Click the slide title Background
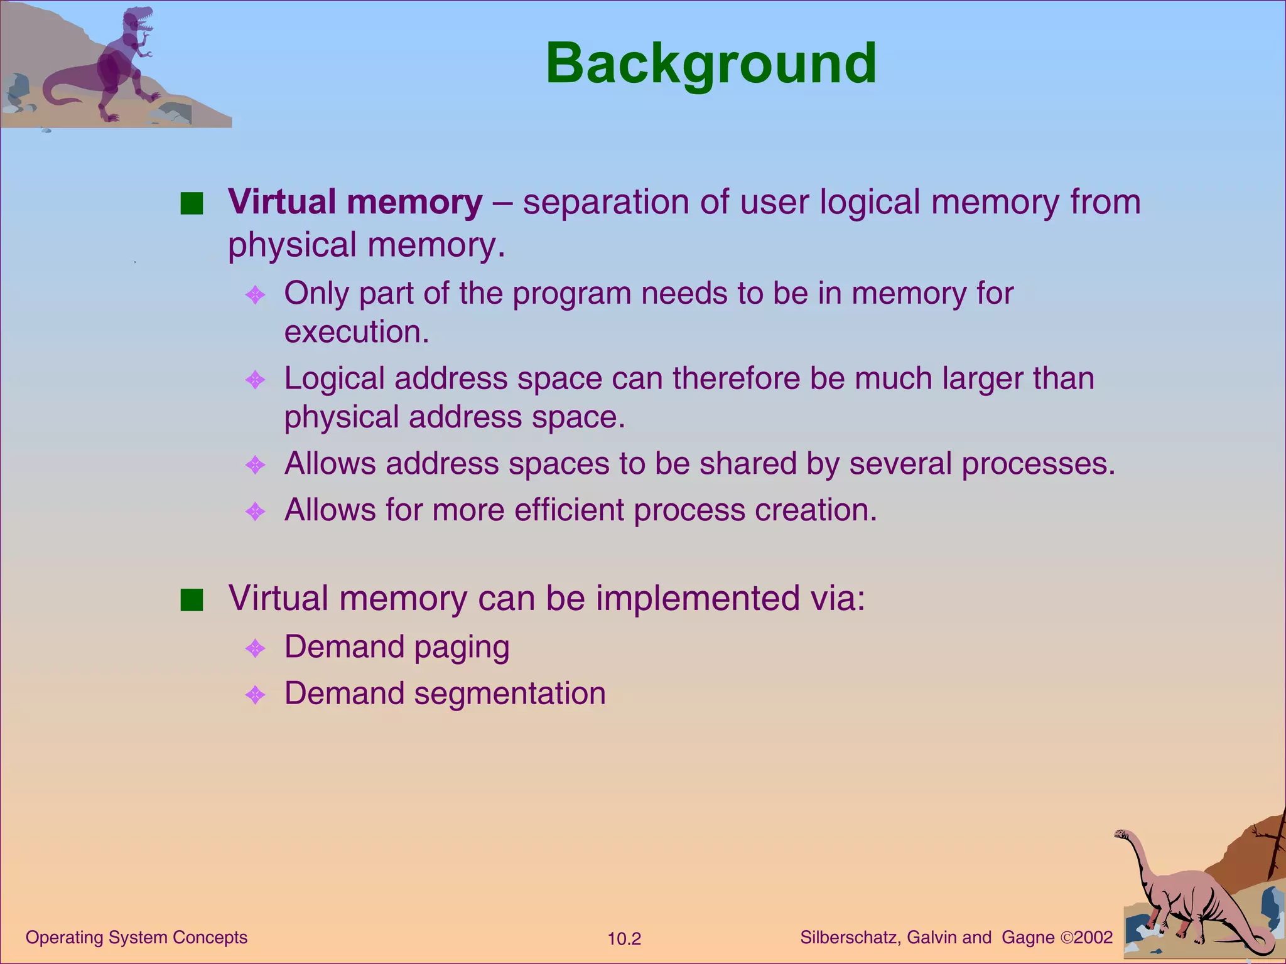click(711, 63)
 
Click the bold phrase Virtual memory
click(355, 202)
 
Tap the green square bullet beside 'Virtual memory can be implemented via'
click(192, 600)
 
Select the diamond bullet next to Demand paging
click(255, 648)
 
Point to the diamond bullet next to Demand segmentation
click(255, 695)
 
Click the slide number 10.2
click(624, 939)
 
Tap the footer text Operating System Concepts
click(136, 938)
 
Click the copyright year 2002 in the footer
click(1093, 938)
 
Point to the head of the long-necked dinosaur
click(1122, 835)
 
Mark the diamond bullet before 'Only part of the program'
click(255, 294)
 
